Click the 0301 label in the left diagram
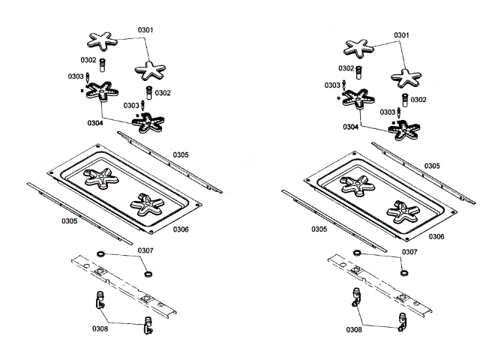pos(145,30)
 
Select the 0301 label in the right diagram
pos(401,35)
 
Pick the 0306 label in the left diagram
pos(180,229)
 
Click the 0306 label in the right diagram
pos(436,236)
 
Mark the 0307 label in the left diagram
pos(145,250)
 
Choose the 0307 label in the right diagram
pos(409,252)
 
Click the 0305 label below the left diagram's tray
pos(69,221)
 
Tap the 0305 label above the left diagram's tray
pos(180,155)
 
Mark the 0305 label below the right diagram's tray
pos(318,229)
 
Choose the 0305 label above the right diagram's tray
pos(432,166)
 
